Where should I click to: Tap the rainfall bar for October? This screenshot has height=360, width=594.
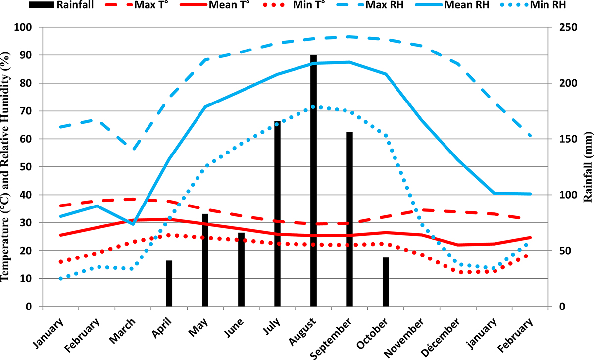386,282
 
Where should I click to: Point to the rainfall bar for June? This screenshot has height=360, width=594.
241,269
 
